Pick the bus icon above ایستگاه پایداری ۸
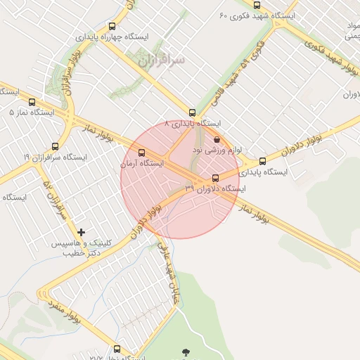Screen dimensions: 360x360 [192, 112]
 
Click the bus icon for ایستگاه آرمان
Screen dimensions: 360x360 [143, 153]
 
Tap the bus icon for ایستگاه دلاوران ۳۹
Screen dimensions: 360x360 [215, 177]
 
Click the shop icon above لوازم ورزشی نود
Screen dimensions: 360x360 [216, 139]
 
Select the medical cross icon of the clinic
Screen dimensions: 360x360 [82, 231]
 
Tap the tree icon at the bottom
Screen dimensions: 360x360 [186, 352]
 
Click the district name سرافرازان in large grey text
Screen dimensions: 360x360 [162, 60]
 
